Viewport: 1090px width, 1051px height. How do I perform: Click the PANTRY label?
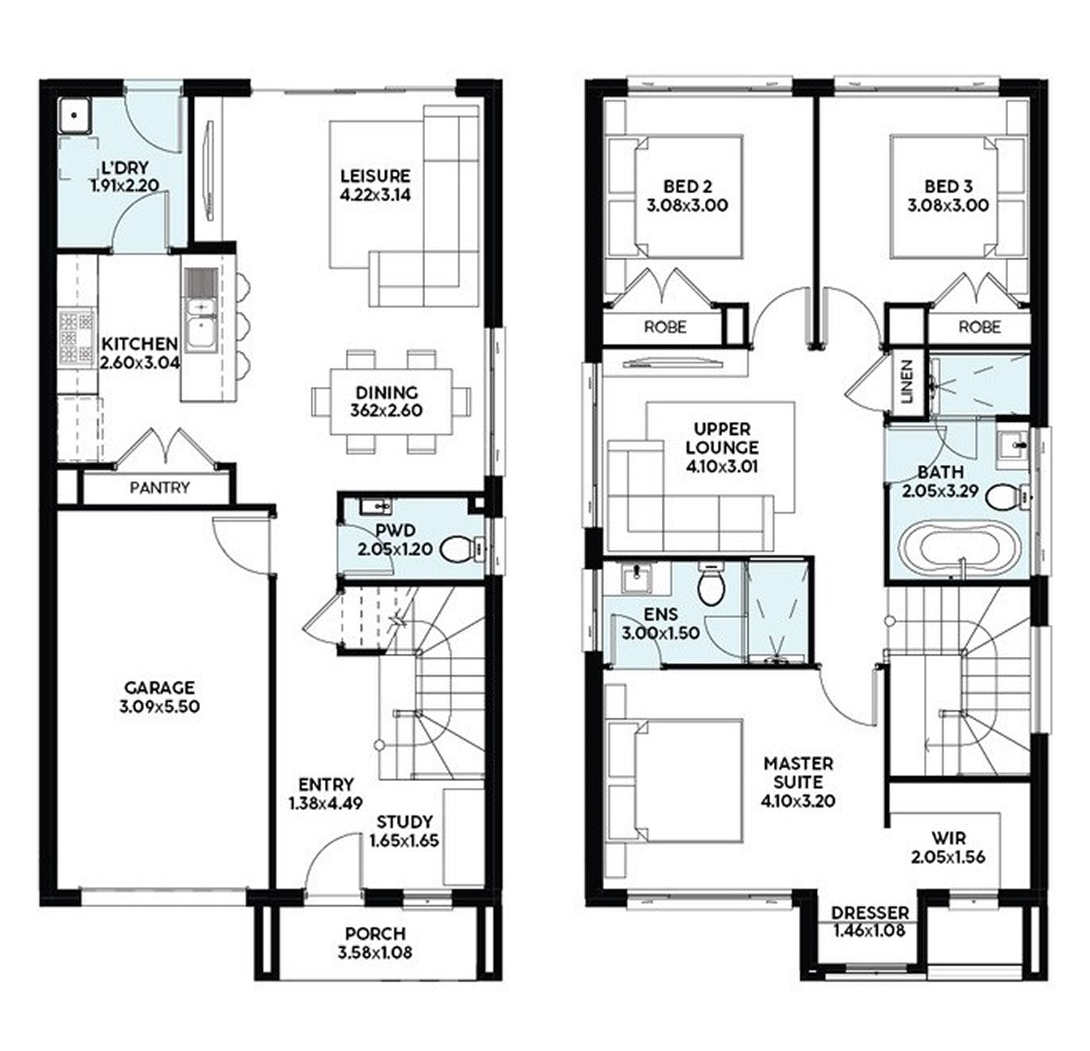pyautogui.click(x=159, y=488)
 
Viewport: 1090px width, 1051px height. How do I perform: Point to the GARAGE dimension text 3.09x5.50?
pyautogui.click(x=159, y=707)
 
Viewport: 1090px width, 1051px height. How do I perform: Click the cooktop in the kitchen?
pyautogui.click(x=77, y=337)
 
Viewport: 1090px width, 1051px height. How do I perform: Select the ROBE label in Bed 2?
pyautogui.click(x=665, y=326)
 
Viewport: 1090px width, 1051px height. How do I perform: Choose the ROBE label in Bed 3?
pyautogui.click(x=980, y=326)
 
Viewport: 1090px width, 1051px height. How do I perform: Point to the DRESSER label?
pyautogui.click(x=870, y=913)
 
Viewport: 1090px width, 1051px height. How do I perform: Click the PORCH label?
pyautogui.click(x=375, y=934)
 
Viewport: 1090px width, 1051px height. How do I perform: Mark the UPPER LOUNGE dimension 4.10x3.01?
pyautogui.click(x=722, y=467)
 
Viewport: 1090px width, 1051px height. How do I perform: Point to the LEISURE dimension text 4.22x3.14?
pyautogui.click(x=375, y=195)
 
